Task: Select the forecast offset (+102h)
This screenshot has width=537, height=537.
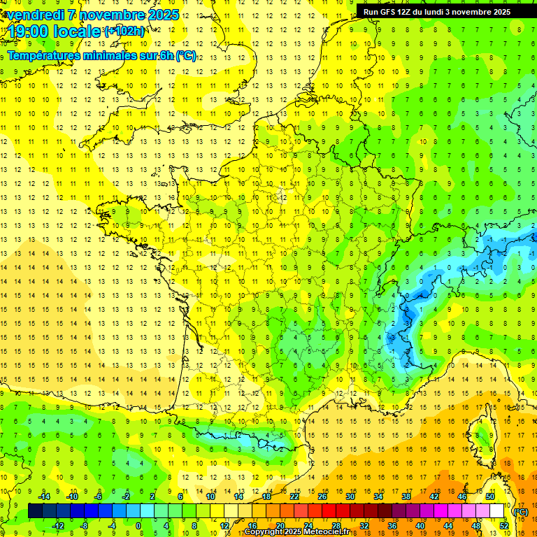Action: click(124, 31)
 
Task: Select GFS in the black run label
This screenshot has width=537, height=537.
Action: click(387, 12)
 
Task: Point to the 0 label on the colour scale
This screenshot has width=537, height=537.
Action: click(138, 525)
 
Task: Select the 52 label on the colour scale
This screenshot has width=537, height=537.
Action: click(503, 525)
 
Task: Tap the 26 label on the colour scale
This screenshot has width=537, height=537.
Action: click(322, 496)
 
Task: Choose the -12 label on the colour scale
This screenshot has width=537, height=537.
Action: click(58, 525)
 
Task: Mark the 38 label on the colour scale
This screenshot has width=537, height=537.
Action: click(406, 496)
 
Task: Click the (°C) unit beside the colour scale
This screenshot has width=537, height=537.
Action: click(521, 512)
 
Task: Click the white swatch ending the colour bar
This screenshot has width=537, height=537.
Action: click(497, 511)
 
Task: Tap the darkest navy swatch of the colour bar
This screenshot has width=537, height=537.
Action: click(35, 511)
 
